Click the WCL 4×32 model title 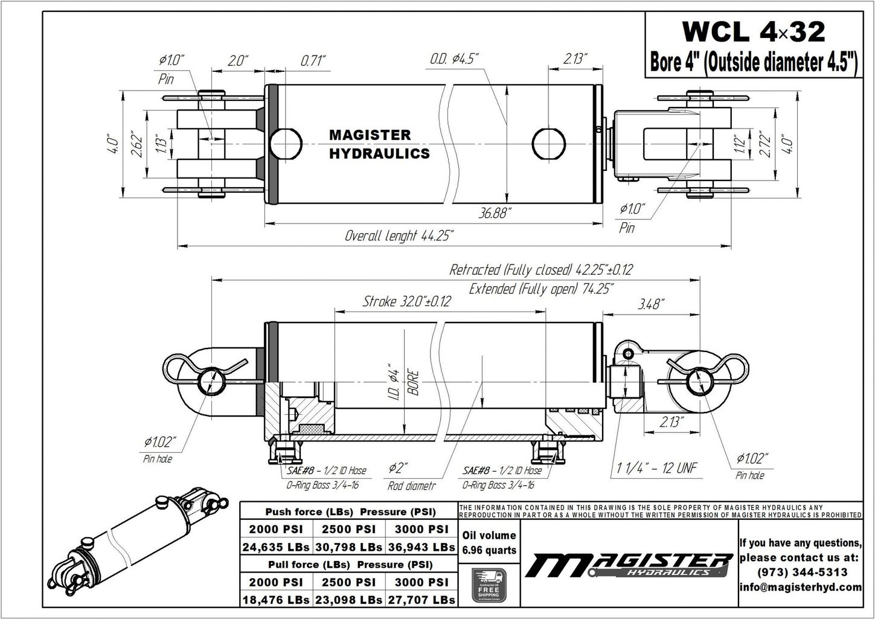(x=753, y=32)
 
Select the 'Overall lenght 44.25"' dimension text (x=399, y=236)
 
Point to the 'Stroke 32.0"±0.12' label (x=406, y=301)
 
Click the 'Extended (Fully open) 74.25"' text (x=541, y=289)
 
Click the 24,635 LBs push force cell (x=276, y=547)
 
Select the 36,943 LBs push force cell (x=421, y=547)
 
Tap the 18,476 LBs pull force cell (x=276, y=600)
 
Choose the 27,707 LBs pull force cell (x=421, y=600)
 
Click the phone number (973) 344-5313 (x=800, y=572)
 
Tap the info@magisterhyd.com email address (x=800, y=587)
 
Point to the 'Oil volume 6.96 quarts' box (x=489, y=542)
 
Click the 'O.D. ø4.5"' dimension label (x=454, y=59)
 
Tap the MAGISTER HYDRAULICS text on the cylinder (x=379, y=144)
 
